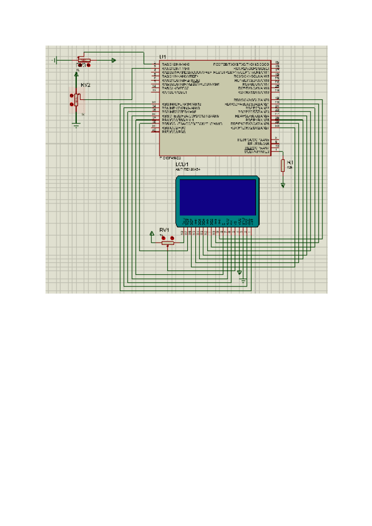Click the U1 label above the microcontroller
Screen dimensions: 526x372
[x=163, y=56]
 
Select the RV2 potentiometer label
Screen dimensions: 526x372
[x=86, y=84]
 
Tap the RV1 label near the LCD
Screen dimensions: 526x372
[x=164, y=230]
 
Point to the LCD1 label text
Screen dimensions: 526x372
[x=183, y=164]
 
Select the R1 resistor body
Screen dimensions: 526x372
[x=283, y=165]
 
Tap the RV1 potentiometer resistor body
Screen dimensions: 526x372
[x=166, y=243]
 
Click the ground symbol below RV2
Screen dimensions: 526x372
[x=76, y=124]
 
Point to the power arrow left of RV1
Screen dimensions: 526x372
[x=153, y=234]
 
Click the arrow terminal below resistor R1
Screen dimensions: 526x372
[x=283, y=184]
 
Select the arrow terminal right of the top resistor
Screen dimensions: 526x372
[x=113, y=60]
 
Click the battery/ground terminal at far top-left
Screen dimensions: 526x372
[x=55, y=60]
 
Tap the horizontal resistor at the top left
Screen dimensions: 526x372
[x=84, y=60]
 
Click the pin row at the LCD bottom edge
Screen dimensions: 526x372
[x=216, y=222]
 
